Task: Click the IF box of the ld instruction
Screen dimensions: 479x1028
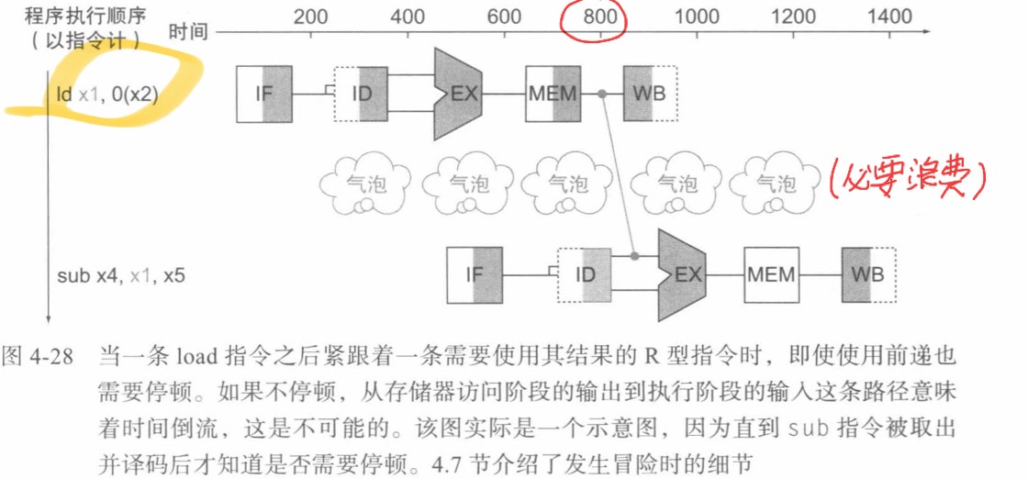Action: click(263, 94)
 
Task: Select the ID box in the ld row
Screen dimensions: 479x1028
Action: click(360, 94)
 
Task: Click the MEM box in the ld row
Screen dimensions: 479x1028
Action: click(553, 94)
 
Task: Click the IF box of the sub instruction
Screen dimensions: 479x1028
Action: click(475, 273)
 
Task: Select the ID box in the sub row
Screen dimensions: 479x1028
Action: click(584, 273)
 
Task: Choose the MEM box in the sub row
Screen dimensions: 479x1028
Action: click(770, 273)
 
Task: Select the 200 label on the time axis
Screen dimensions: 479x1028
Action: click(310, 17)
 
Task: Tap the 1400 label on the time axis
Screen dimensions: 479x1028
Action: click(889, 17)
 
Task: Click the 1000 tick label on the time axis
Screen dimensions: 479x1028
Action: click(697, 17)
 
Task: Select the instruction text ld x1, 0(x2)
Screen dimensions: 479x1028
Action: click(106, 94)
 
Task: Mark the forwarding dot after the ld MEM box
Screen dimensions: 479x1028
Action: click(602, 94)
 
